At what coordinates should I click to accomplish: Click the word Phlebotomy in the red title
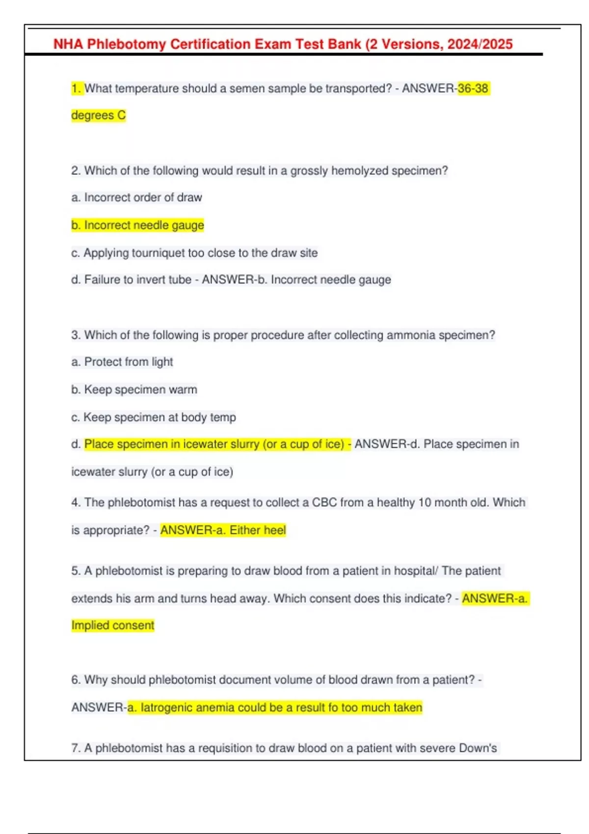[127, 44]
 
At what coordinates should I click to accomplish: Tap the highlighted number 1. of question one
[77, 88]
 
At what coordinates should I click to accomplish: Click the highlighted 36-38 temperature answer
[473, 88]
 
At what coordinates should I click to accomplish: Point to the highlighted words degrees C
[99, 115]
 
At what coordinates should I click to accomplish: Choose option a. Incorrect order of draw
[136, 197]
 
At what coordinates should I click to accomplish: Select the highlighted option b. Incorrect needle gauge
[137, 225]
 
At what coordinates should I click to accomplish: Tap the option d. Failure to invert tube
[131, 280]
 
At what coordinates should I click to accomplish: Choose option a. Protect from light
[122, 362]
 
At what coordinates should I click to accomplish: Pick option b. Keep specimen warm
[134, 390]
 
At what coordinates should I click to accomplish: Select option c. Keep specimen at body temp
[153, 417]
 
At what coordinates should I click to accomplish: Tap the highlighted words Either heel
[258, 530]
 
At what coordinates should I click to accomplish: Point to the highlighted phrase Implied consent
[113, 625]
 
